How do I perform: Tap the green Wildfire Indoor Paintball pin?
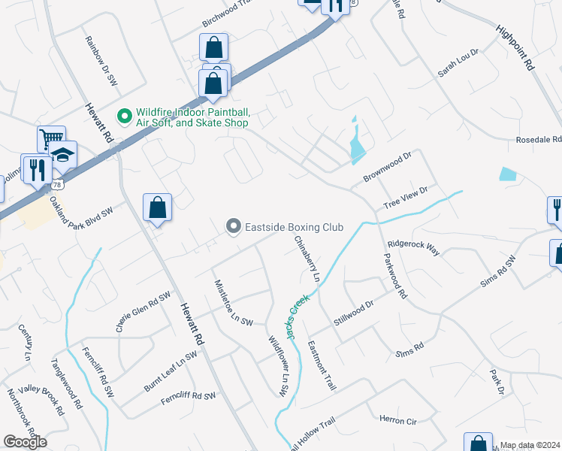(x=125, y=116)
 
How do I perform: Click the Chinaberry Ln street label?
(x=307, y=259)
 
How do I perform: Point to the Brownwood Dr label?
(x=388, y=167)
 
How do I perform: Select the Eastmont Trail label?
(x=321, y=366)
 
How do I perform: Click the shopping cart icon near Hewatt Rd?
(x=50, y=138)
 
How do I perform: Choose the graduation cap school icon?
(x=65, y=153)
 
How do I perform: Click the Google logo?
(x=25, y=442)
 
